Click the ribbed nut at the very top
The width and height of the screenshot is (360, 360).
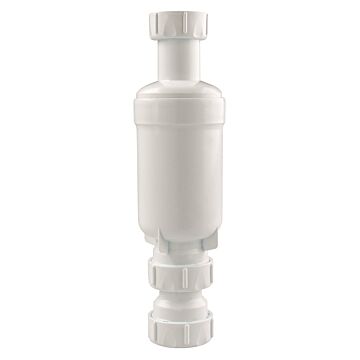click(x=179, y=27)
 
